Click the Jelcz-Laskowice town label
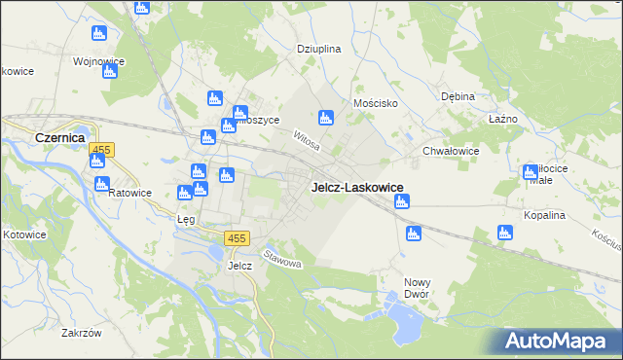(357, 187)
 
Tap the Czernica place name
(61, 138)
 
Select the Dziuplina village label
(318, 48)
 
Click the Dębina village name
(457, 96)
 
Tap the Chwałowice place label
(450, 151)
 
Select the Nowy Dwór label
(417, 288)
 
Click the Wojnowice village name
(98, 61)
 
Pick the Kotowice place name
(24, 234)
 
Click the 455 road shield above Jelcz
(237, 238)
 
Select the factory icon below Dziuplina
(326, 117)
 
